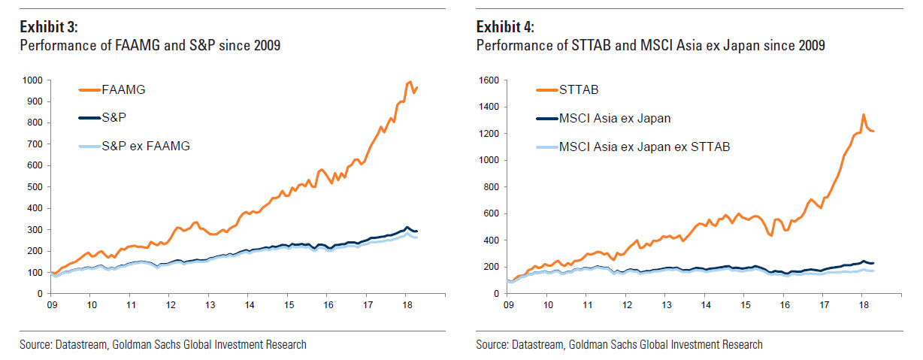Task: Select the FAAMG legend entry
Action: tap(123, 89)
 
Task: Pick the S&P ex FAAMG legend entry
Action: tap(146, 147)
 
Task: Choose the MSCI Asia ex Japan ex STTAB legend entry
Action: tap(644, 147)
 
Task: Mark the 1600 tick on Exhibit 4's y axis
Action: tap(488, 80)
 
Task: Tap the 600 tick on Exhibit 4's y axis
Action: tap(491, 213)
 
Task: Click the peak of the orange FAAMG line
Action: tap(410, 81)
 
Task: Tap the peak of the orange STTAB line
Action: tap(864, 115)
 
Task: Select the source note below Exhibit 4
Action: tap(619, 345)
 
